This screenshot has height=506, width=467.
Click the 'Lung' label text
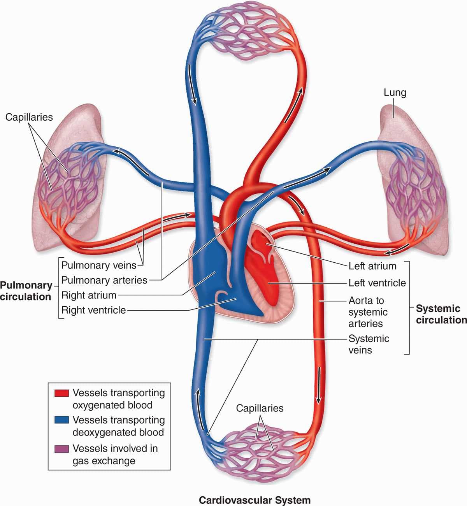point(395,93)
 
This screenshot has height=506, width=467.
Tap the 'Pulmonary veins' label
point(99,265)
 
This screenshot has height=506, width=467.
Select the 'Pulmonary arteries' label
point(104,280)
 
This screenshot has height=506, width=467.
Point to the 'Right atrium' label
point(89,295)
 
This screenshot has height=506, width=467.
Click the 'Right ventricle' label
point(93,310)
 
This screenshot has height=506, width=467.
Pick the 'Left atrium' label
point(372,266)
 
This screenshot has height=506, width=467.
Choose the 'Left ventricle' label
point(377,283)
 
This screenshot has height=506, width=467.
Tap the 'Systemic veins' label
point(369,344)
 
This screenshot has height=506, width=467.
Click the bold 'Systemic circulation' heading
point(441,314)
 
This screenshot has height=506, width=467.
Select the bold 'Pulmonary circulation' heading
point(26,291)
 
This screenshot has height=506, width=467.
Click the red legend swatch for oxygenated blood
point(61,393)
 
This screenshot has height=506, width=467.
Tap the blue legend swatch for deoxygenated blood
point(61,420)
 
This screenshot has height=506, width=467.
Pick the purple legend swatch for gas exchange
point(61,449)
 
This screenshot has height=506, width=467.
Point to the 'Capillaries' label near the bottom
point(260,408)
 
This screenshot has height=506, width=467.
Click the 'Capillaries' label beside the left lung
point(29,117)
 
